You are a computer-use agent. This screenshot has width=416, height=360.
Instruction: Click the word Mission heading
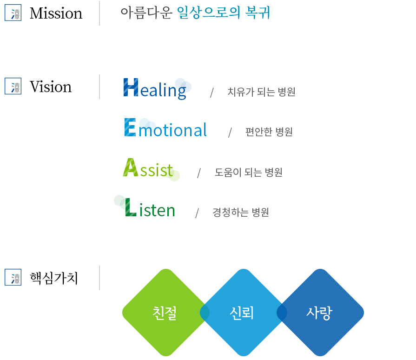pyautogui.click(x=56, y=13)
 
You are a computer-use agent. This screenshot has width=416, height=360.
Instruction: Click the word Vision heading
pyautogui.click(x=51, y=87)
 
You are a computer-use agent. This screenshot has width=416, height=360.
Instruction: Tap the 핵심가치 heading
pyautogui.click(x=54, y=278)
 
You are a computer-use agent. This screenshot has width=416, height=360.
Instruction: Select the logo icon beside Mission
pyautogui.click(x=13, y=13)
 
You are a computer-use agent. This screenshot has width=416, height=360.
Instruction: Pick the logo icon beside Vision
pyautogui.click(x=13, y=87)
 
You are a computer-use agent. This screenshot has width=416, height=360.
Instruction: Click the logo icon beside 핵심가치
pyautogui.click(x=13, y=277)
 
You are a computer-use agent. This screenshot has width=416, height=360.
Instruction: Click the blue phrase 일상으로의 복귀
pyautogui.click(x=224, y=13)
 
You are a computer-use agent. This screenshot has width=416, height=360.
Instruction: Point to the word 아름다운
pyautogui.click(x=146, y=13)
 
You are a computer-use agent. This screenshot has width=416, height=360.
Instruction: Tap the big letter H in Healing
pyautogui.click(x=131, y=87)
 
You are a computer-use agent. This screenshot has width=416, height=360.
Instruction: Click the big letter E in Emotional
pyautogui.click(x=130, y=127)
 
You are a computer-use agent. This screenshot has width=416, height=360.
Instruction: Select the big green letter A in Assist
pyautogui.click(x=130, y=167)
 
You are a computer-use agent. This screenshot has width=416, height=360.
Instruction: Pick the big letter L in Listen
pyautogui.click(x=131, y=207)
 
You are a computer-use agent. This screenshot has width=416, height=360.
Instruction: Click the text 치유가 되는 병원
pyautogui.click(x=261, y=92)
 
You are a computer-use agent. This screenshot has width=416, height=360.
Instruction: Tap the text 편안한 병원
pyautogui.click(x=269, y=132)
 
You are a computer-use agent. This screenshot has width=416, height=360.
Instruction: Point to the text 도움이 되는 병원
pyautogui.click(x=249, y=172)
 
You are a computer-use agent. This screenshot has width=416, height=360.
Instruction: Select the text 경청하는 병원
pyautogui.click(x=241, y=212)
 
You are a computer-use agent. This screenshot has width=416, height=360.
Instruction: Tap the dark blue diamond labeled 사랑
pyautogui.click(x=320, y=313)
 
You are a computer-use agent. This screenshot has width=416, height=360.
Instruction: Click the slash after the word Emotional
pyautogui.click(x=230, y=133)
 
